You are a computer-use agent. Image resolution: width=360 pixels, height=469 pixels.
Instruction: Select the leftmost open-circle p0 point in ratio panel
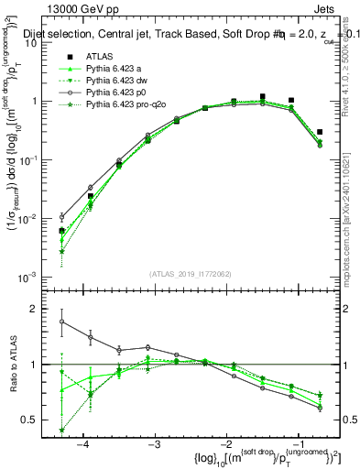(x=62, y=322)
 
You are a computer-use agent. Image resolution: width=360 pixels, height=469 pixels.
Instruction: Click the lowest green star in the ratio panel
(x=62, y=431)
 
